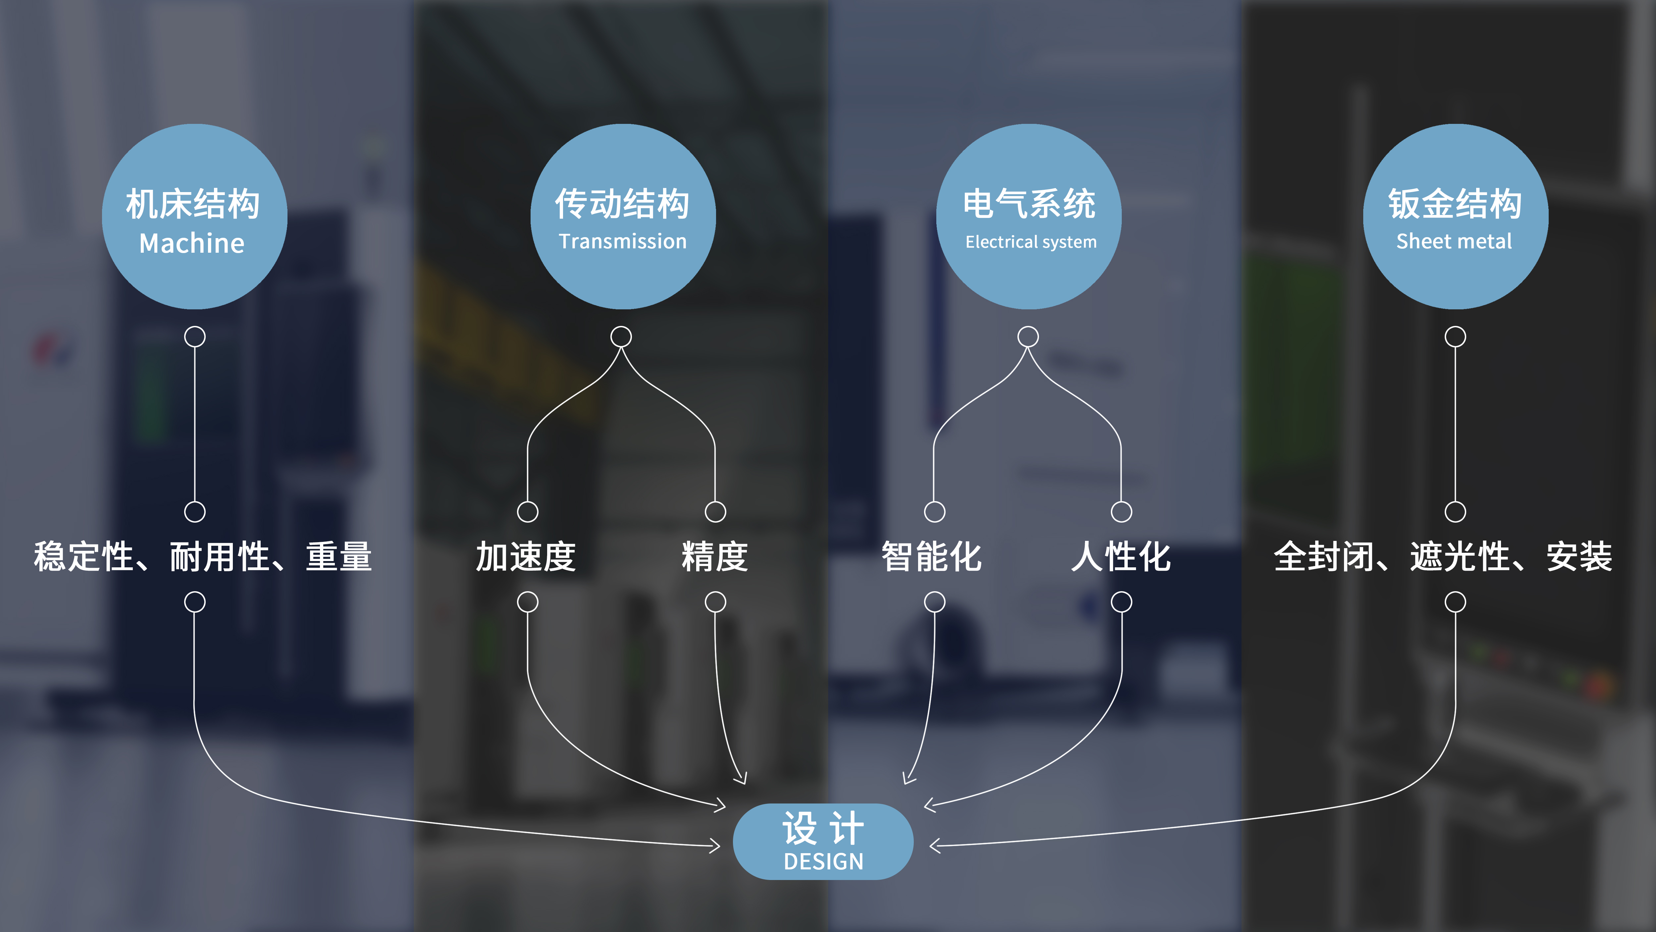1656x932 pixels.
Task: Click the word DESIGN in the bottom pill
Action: tap(823, 861)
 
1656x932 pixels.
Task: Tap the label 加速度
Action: tap(526, 557)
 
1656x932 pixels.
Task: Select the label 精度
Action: tap(715, 557)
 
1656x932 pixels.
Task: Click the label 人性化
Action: tap(1121, 557)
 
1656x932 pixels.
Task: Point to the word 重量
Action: tap(339, 557)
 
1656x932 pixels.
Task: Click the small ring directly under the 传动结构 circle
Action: tap(621, 336)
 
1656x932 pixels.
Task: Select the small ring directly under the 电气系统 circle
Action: tap(1028, 336)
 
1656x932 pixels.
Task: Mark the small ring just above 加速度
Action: tap(528, 512)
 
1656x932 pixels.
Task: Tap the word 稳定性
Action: tap(83, 557)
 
